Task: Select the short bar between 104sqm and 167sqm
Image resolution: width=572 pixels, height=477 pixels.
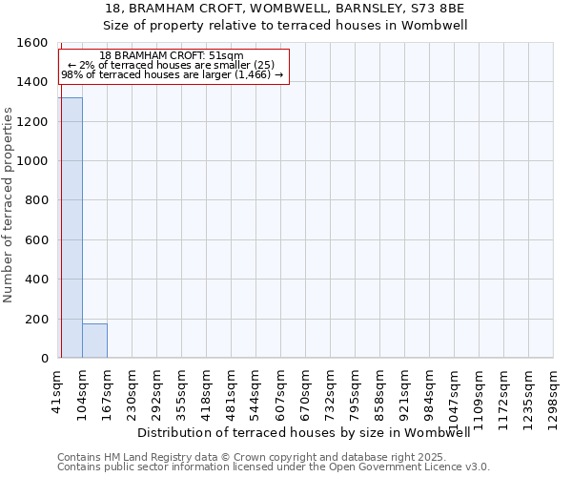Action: tap(94, 341)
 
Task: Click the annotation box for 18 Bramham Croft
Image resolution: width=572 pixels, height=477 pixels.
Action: tap(173, 66)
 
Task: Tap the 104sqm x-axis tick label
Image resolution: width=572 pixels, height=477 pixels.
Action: tap(83, 389)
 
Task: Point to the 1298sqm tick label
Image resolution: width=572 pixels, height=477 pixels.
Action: tap(554, 393)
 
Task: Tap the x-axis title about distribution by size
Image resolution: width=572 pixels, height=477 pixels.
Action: tap(311, 432)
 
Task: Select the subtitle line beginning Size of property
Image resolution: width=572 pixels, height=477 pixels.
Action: tap(286, 26)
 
